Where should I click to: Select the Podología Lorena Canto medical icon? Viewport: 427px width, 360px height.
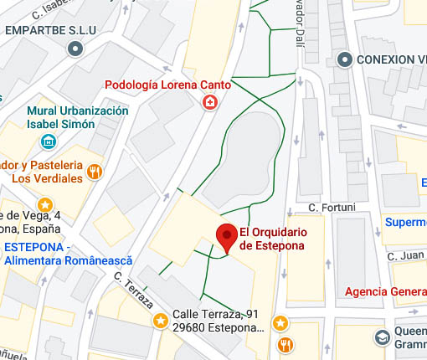(208, 103)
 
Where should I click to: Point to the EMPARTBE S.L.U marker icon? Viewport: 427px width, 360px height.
(75, 49)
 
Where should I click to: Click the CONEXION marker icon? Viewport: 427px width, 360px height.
(344, 59)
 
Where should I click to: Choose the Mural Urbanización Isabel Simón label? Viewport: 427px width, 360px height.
(78, 118)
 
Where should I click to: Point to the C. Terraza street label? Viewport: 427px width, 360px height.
(131, 287)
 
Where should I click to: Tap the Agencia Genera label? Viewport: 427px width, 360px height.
(386, 292)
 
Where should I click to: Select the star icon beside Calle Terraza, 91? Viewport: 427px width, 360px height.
(160, 321)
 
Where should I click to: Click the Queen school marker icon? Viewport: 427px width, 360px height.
(382, 337)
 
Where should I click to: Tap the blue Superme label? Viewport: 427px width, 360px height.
(405, 222)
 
